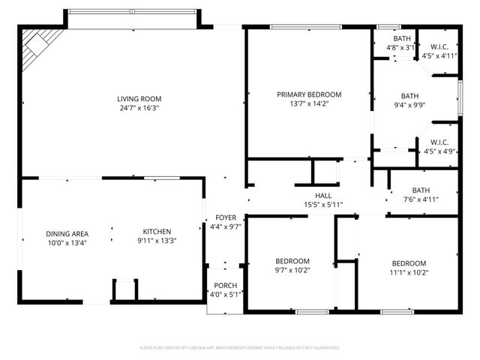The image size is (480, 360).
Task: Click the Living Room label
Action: (x=139, y=98)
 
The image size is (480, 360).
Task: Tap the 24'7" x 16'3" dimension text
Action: (x=139, y=108)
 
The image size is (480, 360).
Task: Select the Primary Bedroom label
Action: (x=309, y=94)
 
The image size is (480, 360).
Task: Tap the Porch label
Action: (x=225, y=286)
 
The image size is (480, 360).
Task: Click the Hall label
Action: (x=323, y=195)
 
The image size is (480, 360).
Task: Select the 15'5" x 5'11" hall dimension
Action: (x=323, y=204)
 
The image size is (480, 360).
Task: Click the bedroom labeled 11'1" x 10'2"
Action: (x=409, y=263)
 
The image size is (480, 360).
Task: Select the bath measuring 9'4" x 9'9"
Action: (x=409, y=96)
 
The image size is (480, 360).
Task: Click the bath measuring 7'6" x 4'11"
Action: (x=420, y=190)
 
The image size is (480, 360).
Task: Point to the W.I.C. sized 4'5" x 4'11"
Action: (x=439, y=46)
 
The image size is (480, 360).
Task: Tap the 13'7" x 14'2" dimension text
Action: (x=309, y=104)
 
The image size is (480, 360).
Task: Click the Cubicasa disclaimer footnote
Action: (x=240, y=348)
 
